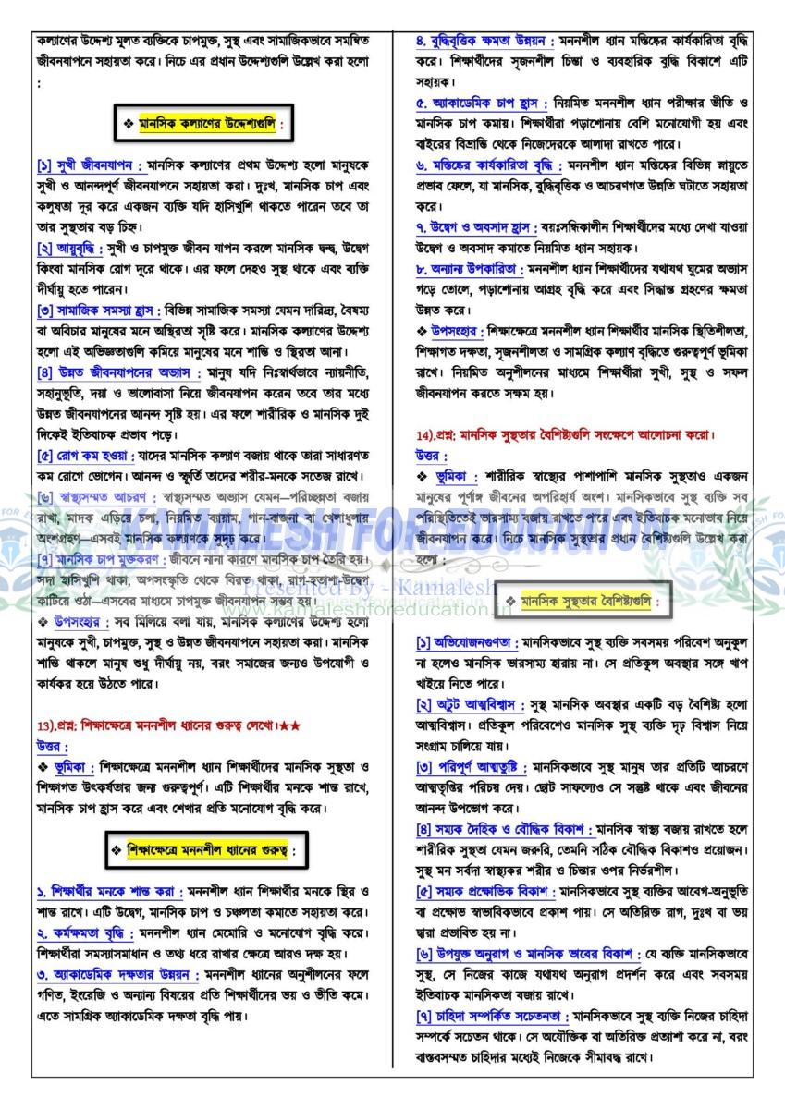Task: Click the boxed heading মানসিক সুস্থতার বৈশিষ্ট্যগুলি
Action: [583, 602]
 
